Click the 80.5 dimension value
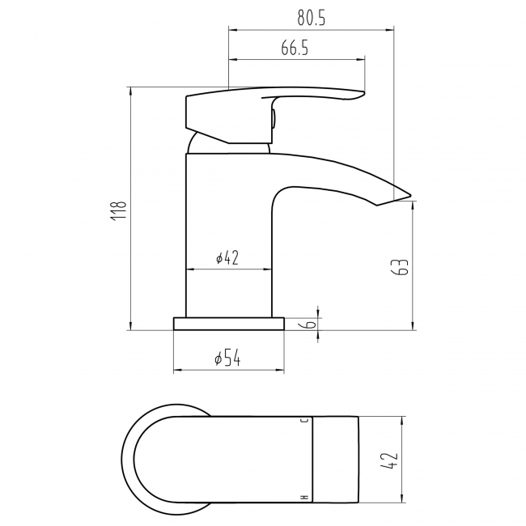(312, 18)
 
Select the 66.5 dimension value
(295, 48)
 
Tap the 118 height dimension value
(119, 210)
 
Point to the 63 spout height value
(401, 267)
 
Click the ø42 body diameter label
(227, 258)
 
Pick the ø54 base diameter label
(227, 358)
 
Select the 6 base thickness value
(311, 324)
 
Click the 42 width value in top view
(391, 460)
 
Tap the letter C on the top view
(306, 421)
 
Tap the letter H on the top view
(305, 498)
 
